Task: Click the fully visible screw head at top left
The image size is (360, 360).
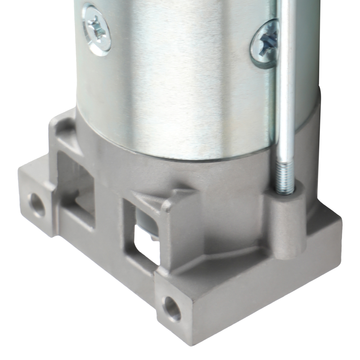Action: coord(96,29)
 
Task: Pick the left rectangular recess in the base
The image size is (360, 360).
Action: coord(77,194)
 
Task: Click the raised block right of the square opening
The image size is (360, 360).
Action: coord(176,234)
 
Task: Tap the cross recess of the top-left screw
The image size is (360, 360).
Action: coord(96,29)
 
